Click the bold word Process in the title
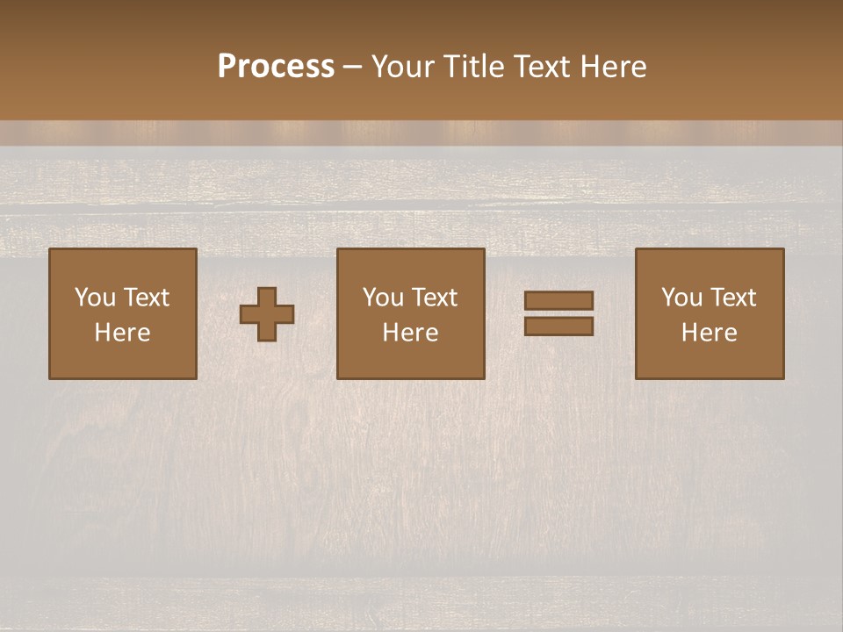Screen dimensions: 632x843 (276, 67)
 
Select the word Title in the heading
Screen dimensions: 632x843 (472, 67)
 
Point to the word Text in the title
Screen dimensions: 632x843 (541, 67)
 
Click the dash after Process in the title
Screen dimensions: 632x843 (353, 68)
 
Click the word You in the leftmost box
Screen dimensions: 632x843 (95, 298)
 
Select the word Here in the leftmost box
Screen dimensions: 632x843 (122, 333)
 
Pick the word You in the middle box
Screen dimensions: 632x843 (383, 298)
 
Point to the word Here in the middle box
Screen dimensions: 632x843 (410, 333)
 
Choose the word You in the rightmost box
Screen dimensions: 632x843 (681, 298)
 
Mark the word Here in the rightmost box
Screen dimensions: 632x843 (709, 333)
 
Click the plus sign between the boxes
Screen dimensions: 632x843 (268, 314)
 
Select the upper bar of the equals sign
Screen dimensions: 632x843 (558, 301)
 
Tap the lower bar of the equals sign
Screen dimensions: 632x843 (558, 327)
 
